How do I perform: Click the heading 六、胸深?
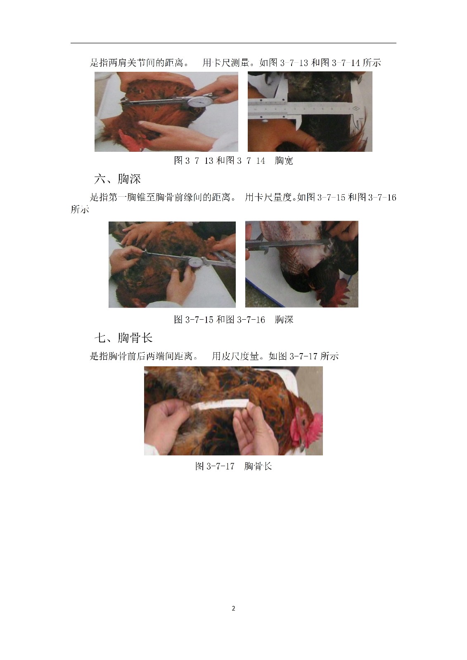[x=117, y=179]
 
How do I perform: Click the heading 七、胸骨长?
[x=123, y=338]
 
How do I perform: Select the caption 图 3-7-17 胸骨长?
[x=233, y=466]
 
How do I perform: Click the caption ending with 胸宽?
[x=233, y=160]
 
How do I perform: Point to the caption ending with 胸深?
[x=233, y=320]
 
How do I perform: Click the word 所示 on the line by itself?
[x=80, y=210]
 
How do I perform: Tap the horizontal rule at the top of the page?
[x=233, y=43]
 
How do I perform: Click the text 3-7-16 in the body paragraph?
[x=382, y=197]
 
